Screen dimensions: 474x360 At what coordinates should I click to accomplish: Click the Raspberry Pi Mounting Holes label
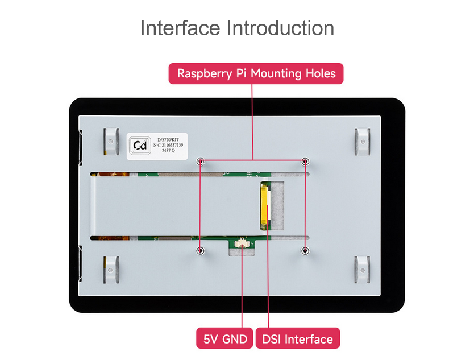click(x=256, y=73)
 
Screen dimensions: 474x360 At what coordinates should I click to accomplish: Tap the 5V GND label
click(x=224, y=338)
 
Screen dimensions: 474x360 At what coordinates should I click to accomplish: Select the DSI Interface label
click(x=298, y=338)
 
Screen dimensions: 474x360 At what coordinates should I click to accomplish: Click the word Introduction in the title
click(x=280, y=28)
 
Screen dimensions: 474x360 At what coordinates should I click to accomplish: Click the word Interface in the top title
click(x=180, y=28)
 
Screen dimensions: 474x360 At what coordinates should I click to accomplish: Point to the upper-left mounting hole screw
click(x=201, y=162)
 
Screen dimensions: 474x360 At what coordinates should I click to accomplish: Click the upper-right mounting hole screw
click(x=305, y=162)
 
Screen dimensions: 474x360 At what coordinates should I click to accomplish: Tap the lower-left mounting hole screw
click(x=200, y=250)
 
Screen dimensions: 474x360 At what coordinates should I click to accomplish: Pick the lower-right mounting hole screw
click(x=305, y=250)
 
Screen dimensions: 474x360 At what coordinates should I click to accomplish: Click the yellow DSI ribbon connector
click(x=264, y=206)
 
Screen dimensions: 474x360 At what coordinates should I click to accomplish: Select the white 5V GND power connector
click(x=242, y=243)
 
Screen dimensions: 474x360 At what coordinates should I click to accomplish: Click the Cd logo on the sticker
click(x=140, y=146)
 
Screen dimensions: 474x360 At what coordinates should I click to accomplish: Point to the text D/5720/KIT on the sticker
click(x=168, y=140)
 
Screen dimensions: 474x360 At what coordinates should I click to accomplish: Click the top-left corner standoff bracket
click(x=111, y=142)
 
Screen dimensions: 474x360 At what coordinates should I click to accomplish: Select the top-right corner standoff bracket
click(x=362, y=142)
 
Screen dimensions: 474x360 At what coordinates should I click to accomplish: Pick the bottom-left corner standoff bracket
click(x=111, y=270)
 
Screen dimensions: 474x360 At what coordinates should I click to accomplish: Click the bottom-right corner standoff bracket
click(x=362, y=270)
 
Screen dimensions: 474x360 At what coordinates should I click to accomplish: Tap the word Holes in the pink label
click(x=321, y=73)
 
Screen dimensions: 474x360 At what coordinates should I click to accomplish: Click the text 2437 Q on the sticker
click(x=168, y=151)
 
